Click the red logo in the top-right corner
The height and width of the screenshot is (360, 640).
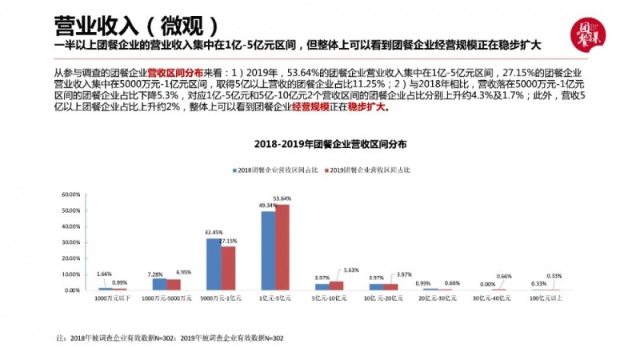pos(591,33)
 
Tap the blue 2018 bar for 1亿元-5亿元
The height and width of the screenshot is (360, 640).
pos(269,250)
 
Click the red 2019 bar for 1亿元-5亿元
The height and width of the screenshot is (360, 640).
pos(282,247)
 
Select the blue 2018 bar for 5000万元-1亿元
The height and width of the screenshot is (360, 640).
pos(214,264)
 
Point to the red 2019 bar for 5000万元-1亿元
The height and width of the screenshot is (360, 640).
pos(227,268)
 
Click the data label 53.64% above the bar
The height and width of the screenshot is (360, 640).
pos(282,198)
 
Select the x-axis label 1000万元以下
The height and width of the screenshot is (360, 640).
pos(112,298)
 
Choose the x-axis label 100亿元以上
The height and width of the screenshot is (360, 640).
pos(546,298)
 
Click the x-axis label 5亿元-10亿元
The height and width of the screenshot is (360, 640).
pos(329,298)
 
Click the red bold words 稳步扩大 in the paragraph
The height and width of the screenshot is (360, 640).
pos(371,106)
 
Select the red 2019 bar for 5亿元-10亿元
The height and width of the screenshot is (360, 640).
pos(336,286)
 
